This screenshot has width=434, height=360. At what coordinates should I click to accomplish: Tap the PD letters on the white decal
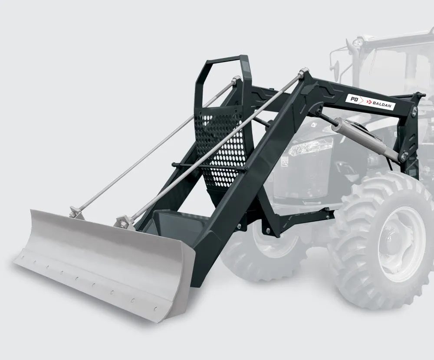pyautogui.click(x=353, y=99)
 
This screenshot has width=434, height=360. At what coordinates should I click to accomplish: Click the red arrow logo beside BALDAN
pyautogui.click(x=368, y=102)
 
